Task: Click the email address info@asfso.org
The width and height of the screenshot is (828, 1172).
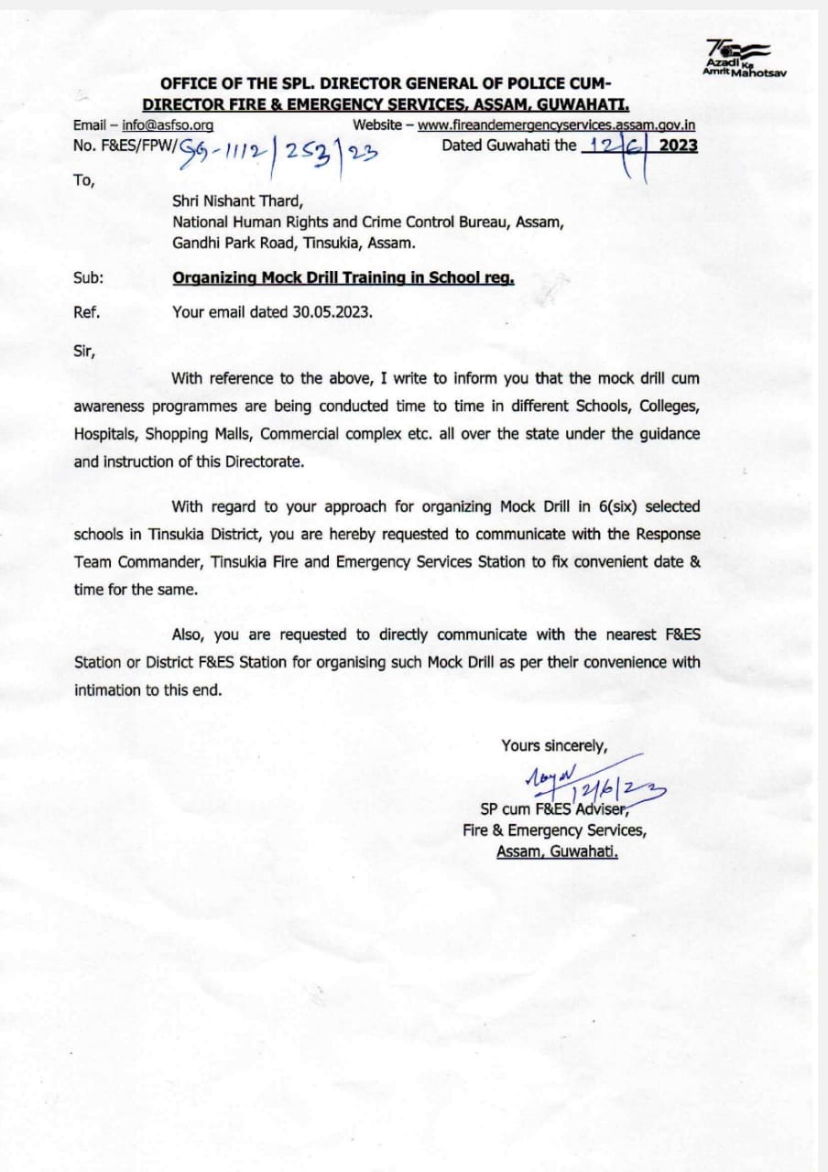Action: coord(168,125)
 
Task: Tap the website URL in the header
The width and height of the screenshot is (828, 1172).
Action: coord(557,125)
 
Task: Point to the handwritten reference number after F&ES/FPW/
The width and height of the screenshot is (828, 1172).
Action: coord(267,148)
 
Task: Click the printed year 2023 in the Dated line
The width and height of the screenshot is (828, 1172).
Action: coord(678,145)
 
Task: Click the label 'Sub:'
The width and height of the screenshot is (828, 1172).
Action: coord(88,278)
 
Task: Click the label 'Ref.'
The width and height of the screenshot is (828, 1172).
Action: coord(87,311)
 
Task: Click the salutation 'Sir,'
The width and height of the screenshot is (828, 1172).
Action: coord(84,349)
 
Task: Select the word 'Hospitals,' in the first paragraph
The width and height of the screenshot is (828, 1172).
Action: coord(106,434)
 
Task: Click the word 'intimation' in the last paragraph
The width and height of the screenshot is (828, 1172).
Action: coord(107,689)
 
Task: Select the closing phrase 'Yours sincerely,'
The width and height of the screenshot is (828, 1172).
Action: coord(554,745)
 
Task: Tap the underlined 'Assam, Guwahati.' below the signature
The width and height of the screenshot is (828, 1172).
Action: coord(557,851)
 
